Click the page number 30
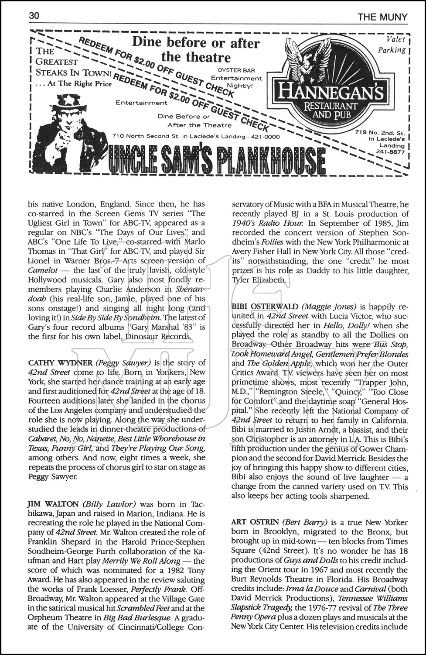point(34,17)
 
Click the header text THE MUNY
point(382,17)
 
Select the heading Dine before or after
point(196,43)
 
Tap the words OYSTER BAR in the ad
point(236,71)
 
